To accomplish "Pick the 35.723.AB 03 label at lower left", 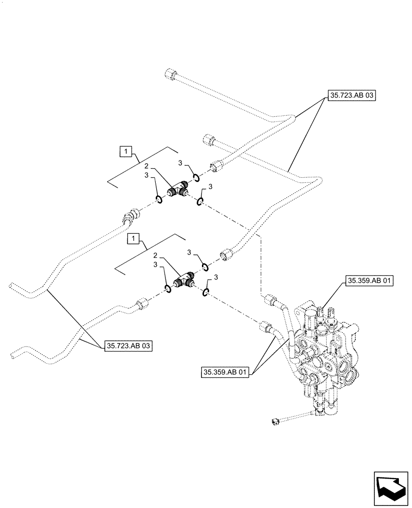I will coord(129,345).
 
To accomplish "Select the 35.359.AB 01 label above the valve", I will coord(369,280).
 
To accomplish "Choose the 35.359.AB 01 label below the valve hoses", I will coord(225,372).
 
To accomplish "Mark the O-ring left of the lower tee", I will coord(167,289).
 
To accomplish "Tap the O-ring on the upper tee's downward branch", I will coord(200,203).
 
